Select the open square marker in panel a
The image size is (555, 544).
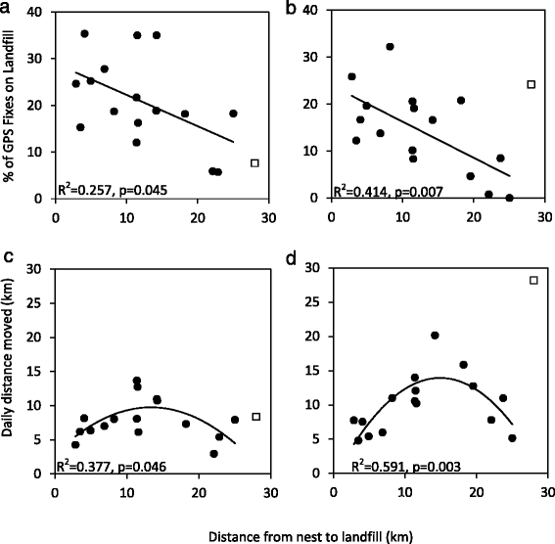(x=254, y=163)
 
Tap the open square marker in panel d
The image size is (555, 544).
(x=533, y=281)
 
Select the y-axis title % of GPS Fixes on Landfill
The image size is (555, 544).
(x=12, y=103)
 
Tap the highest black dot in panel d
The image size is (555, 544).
(x=435, y=336)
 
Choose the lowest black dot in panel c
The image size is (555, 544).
(x=213, y=454)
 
